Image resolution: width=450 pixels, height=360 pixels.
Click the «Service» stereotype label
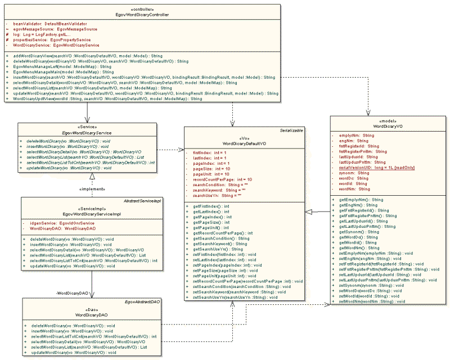click(86, 127)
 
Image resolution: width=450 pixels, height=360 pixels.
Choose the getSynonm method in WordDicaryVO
click(361, 232)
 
